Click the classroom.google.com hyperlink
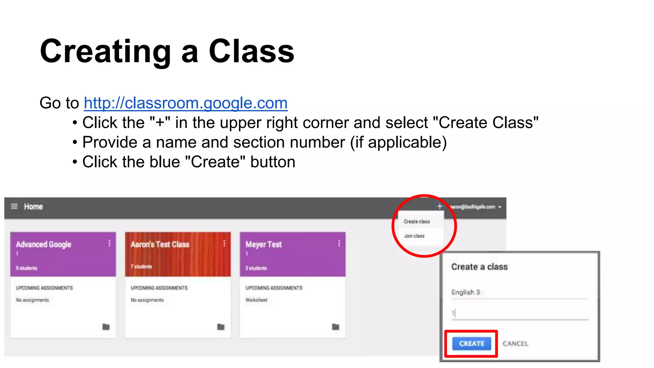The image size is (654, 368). [186, 103]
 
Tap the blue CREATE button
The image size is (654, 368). [471, 343]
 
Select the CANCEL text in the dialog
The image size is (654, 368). [515, 344]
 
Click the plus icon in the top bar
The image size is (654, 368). [439, 206]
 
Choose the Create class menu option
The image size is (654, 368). [417, 221]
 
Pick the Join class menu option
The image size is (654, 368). [414, 236]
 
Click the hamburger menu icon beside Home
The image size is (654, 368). [14, 206]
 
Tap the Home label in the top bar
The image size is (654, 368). [33, 207]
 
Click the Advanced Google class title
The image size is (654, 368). [43, 244]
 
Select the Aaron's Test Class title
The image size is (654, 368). [160, 244]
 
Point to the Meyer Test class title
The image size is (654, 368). [263, 244]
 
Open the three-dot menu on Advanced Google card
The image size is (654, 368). [110, 243]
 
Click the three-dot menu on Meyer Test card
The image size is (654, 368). [339, 243]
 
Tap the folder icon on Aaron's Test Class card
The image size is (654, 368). [221, 327]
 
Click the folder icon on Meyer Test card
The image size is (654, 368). [336, 327]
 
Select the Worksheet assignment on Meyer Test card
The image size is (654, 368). [256, 300]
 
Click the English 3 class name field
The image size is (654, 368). [519, 292]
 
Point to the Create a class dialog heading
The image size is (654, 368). [479, 267]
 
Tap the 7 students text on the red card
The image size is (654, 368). [141, 266]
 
